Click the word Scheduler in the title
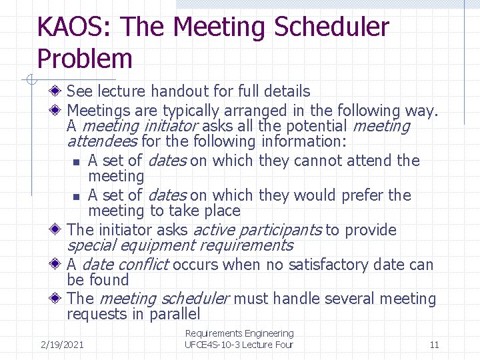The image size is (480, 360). [x=331, y=27]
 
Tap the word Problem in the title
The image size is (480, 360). [x=85, y=59]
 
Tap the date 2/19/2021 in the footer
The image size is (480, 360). [x=62, y=345]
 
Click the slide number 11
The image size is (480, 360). [x=434, y=345]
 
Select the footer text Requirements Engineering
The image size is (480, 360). [x=239, y=333]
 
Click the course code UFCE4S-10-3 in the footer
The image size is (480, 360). [x=213, y=345]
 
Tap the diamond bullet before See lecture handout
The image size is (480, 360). [x=59, y=91]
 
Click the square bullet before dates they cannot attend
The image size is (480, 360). [x=77, y=162]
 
